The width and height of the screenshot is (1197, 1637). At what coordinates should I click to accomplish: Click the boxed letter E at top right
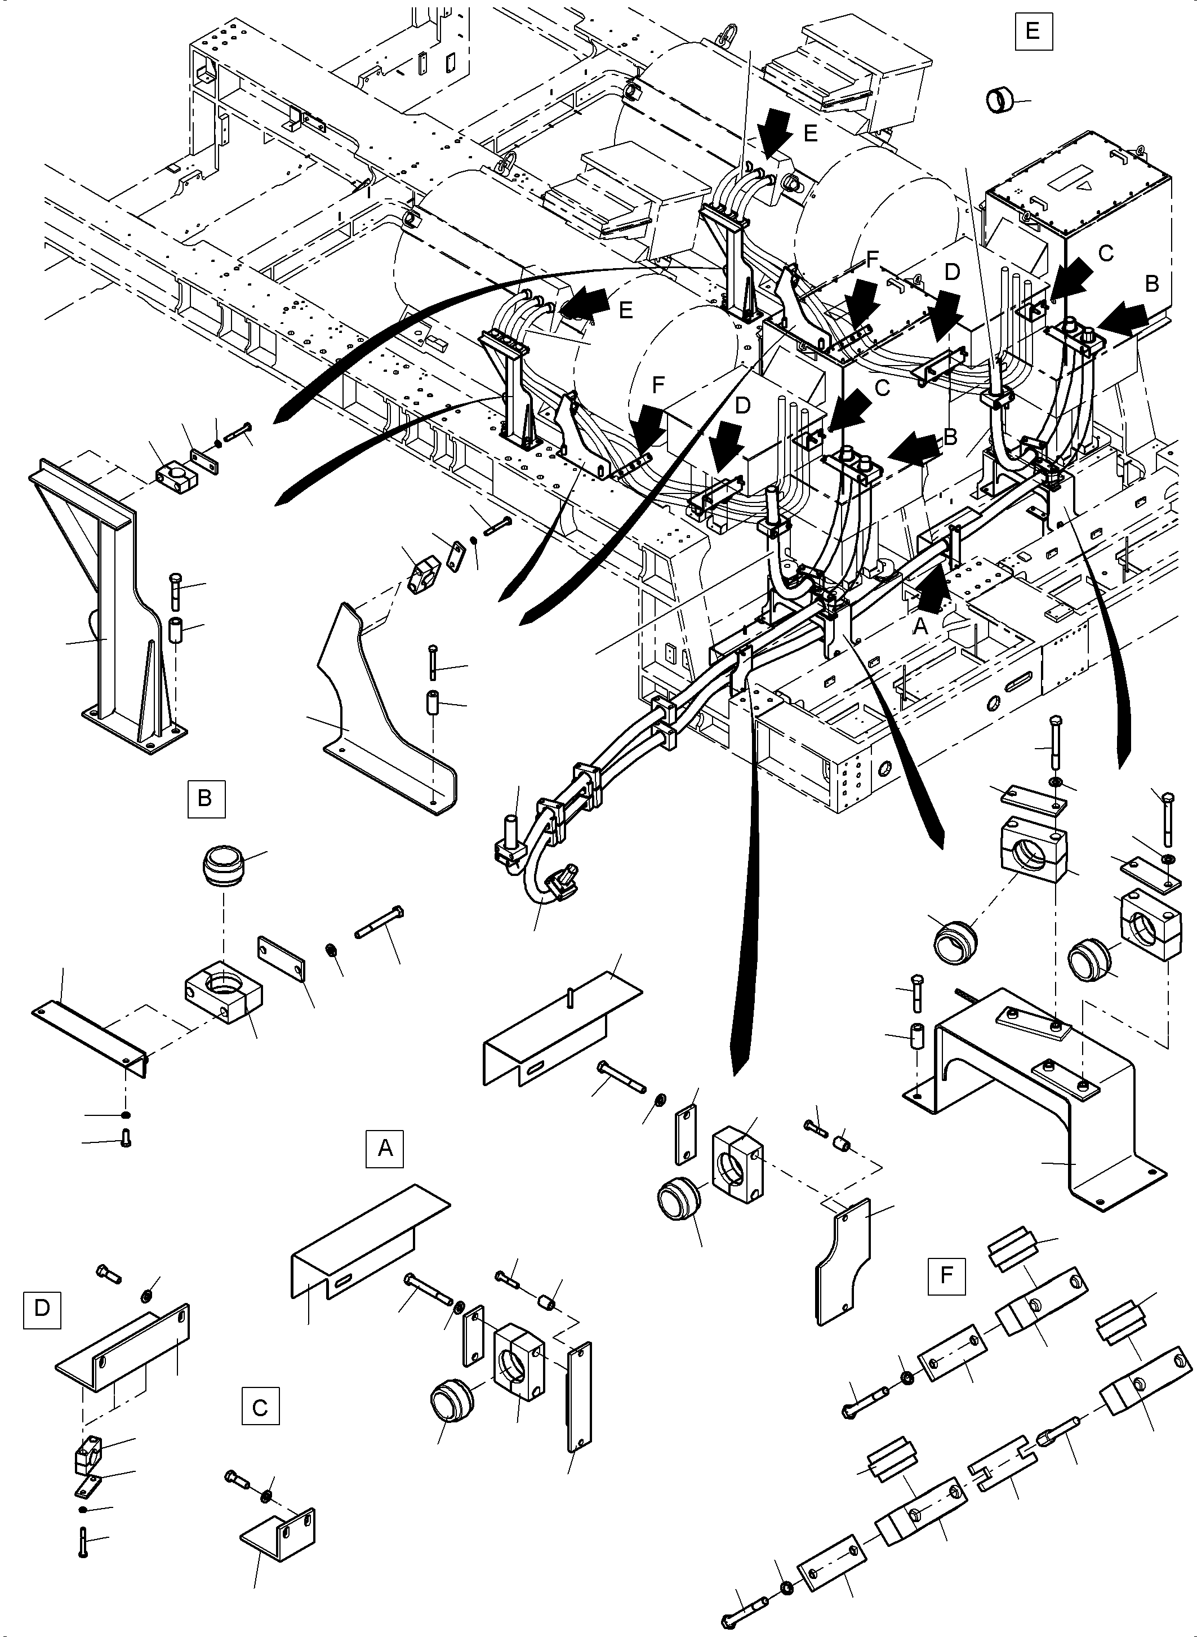coord(1033,31)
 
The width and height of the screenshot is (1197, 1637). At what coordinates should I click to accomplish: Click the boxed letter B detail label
coord(206,798)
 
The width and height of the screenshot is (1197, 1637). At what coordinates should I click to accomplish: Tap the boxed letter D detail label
coord(42,1308)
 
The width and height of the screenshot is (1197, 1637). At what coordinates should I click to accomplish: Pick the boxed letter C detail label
coord(260,1407)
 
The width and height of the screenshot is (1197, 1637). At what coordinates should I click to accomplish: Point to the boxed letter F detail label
coord(946,1275)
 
